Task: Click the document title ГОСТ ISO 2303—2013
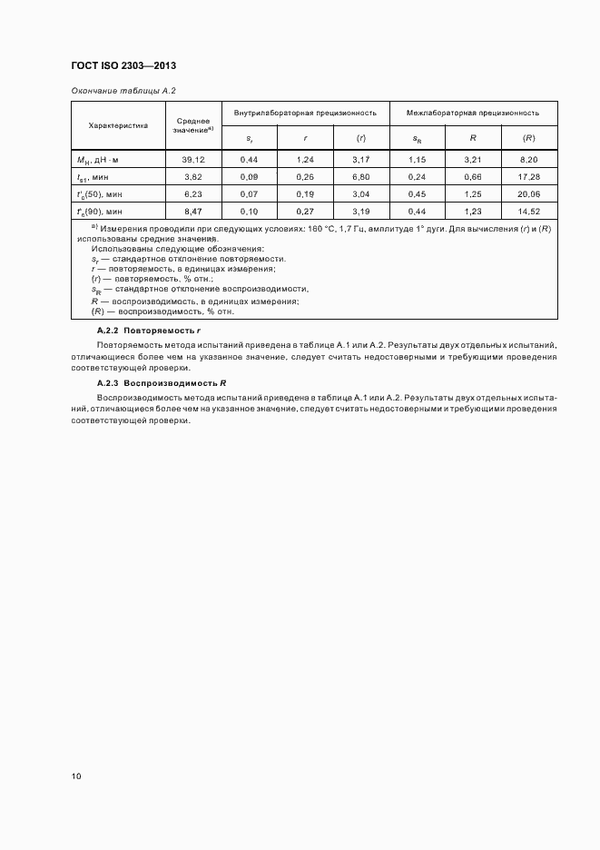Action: coord(123,67)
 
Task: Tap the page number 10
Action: coord(76,776)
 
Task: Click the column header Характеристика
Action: coord(118,125)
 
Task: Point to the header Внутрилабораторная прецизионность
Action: coord(305,114)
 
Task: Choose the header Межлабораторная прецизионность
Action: coord(473,114)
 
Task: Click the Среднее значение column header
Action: coord(193,125)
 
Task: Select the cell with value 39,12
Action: coord(193,160)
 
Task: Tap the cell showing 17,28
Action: coord(528,177)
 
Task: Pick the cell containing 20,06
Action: coord(528,194)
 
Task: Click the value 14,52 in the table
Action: coord(528,212)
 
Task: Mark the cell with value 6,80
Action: coord(361,177)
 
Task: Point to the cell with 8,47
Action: coord(193,212)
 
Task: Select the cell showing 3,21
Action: coord(473,160)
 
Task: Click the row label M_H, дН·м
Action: coord(99,161)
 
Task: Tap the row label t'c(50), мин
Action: coord(99,194)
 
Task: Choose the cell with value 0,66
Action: coord(473,177)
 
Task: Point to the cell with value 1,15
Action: coord(418,160)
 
